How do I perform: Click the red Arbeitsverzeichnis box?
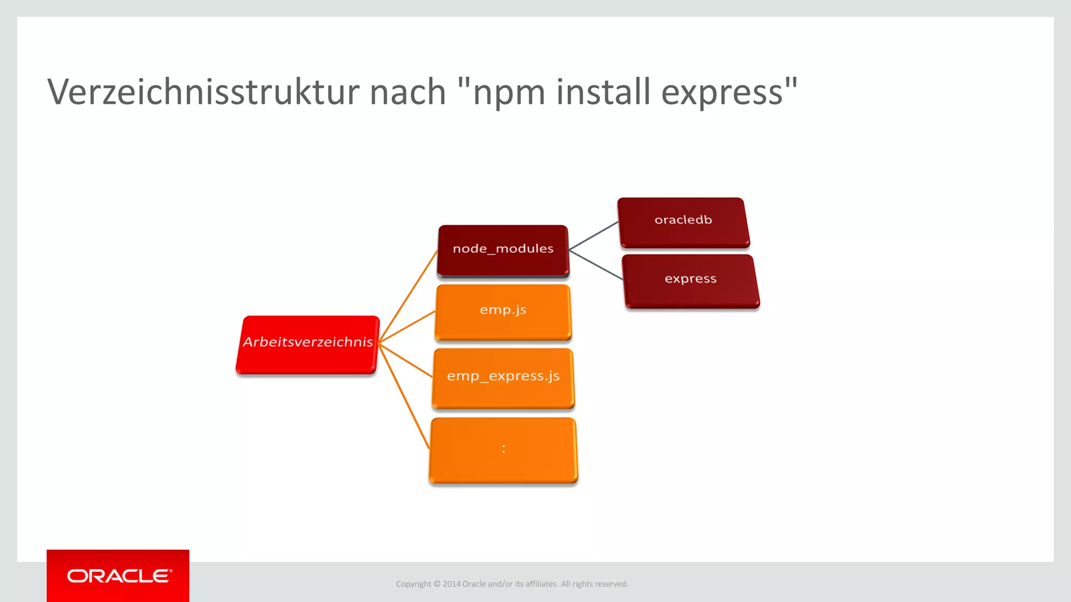tap(307, 344)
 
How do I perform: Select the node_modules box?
tap(503, 250)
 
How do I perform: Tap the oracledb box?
tap(683, 222)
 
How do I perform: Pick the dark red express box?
tap(690, 281)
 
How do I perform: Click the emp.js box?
tap(503, 311)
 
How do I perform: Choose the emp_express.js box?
tap(503, 378)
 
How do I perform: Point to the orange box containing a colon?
tap(503, 450)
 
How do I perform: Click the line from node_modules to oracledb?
tap(594, 236)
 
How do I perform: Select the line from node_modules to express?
tap(596, 265)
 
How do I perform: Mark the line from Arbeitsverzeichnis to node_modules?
tap(408, 296)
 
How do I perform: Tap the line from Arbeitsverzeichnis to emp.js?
tap(407, 327)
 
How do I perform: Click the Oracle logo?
tap(118, 576)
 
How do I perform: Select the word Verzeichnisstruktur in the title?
tap(203, 92)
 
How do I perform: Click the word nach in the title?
tap(407, 92)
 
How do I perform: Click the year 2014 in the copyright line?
tap(451, 584)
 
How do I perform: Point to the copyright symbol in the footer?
tap(437, 584)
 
